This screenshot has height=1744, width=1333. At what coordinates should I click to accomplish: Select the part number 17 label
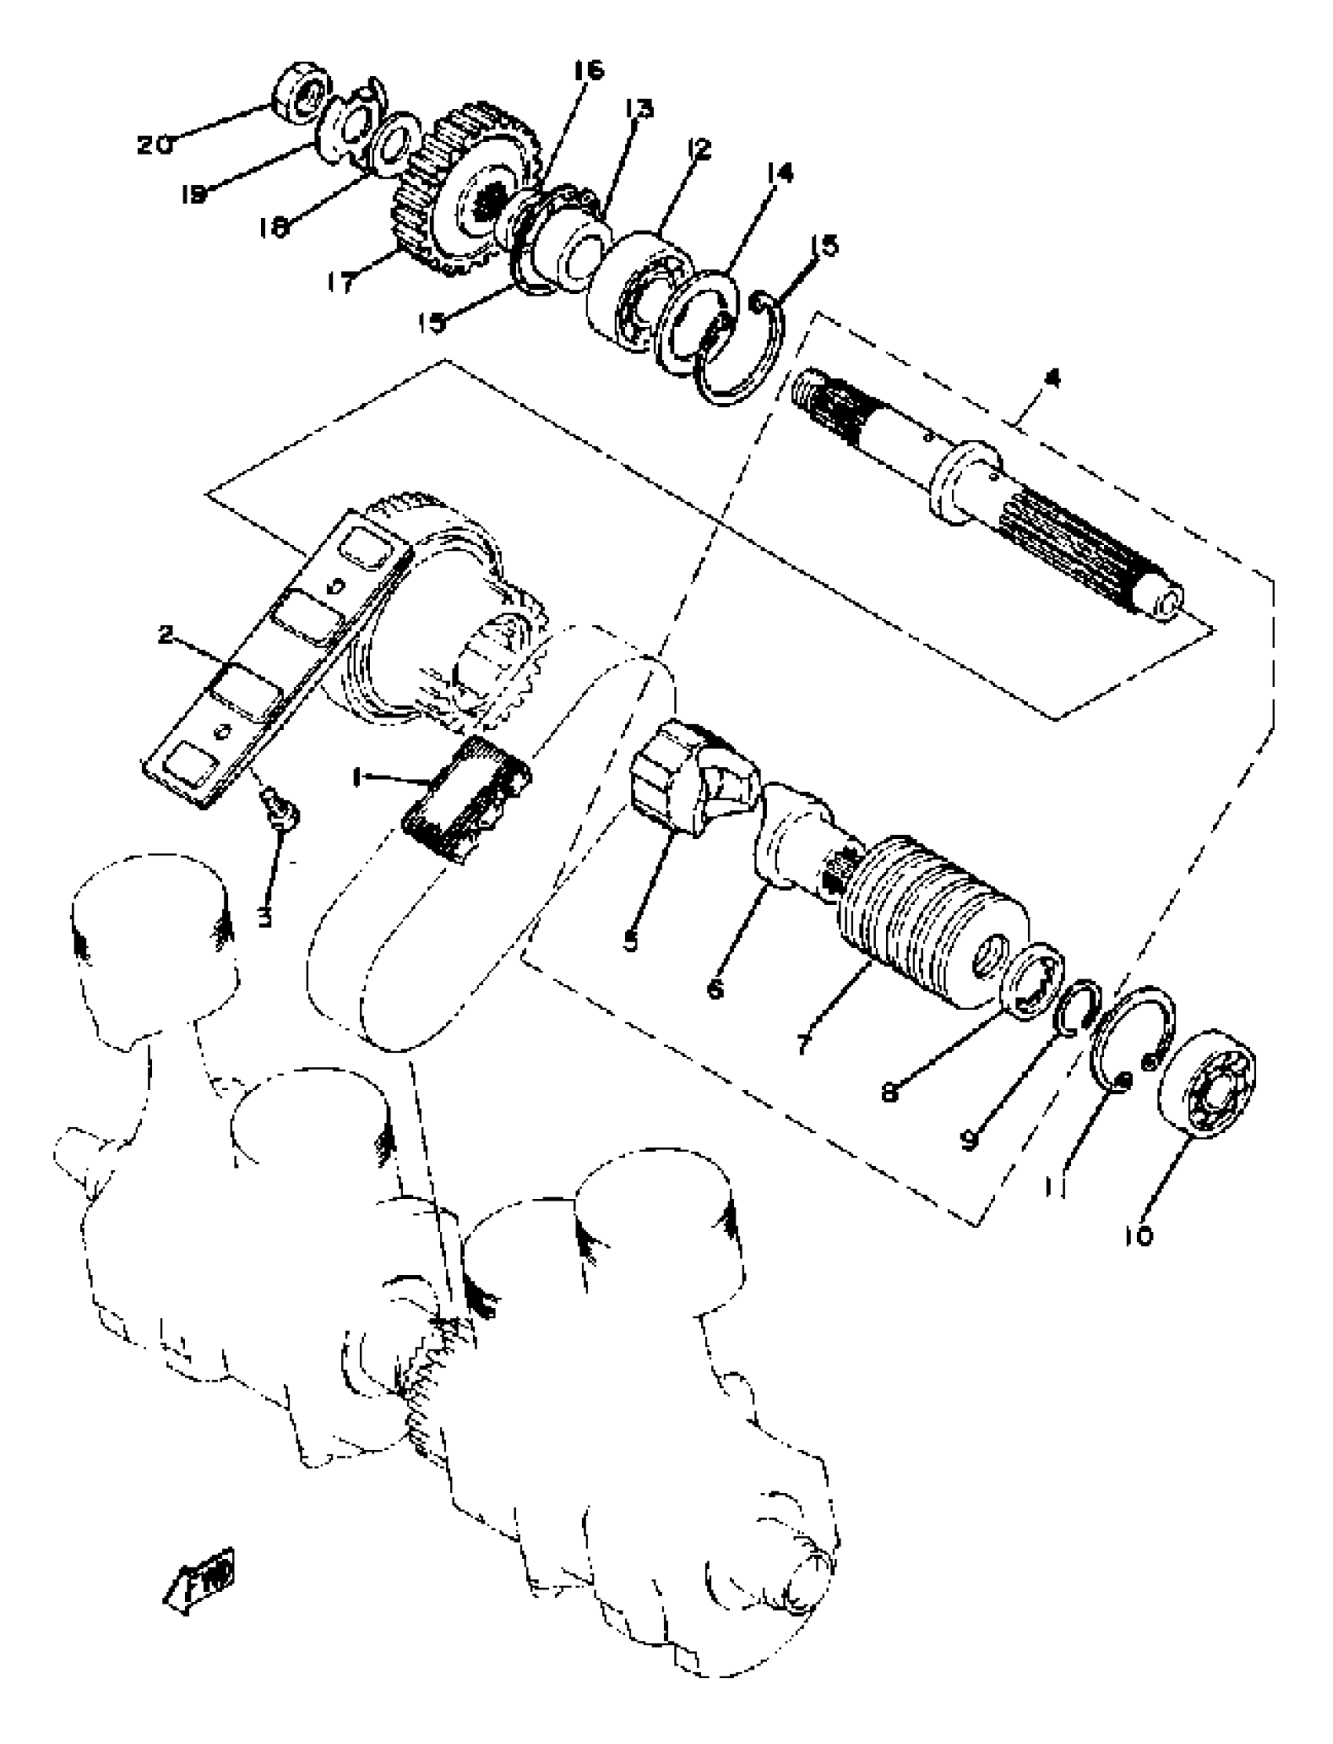[x=342, y=282]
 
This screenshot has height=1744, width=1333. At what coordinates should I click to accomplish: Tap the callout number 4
[x=1052, y=380]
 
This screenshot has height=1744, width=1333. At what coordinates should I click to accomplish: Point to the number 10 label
[x=1139, y=1235]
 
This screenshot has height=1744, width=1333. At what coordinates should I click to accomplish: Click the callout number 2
[x=165, y=634]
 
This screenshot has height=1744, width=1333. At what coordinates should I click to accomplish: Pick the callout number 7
[x=805, y=1043]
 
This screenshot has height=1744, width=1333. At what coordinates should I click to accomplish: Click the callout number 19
[x=193, y=193]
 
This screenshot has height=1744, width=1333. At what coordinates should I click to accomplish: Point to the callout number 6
[x=715, y=990]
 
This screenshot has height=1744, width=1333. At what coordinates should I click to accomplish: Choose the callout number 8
[x=890, y=1092]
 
